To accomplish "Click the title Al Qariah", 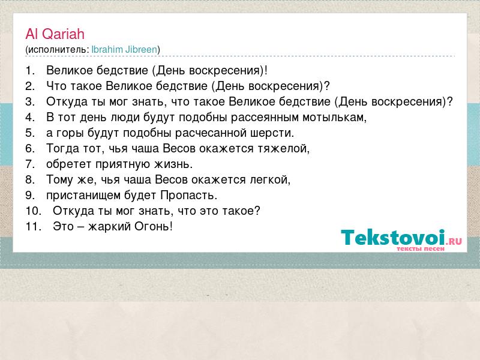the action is click(x=55, y=34).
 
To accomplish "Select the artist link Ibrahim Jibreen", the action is click(x=124, y=50).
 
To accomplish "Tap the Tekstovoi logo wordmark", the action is click(x=401, y=238).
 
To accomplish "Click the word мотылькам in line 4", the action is click(x=335, y=118).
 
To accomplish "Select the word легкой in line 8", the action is click(x=271, y=179).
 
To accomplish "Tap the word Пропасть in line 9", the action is click(x=189, y=196).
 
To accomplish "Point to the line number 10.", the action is click(x=34, y=211).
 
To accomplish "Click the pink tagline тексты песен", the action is click(x=421, y=249).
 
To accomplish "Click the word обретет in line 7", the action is click(x=69, y=164).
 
